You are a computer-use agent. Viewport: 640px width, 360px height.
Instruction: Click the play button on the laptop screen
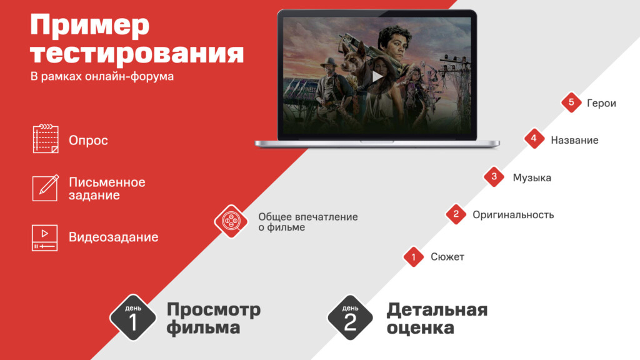377,76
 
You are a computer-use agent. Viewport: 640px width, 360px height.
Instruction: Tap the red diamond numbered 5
571,102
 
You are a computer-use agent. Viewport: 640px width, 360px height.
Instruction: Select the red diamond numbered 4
534,139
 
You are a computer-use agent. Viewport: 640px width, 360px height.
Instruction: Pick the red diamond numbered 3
494,176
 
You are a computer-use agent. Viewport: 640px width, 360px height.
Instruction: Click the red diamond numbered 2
456,214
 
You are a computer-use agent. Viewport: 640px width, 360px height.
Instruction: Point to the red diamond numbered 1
414,257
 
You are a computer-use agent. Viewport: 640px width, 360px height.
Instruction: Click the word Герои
601,103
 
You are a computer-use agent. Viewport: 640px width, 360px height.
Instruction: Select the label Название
574,141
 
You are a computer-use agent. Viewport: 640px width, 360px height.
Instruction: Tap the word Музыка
532,178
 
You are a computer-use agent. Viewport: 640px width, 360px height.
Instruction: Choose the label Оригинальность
513,215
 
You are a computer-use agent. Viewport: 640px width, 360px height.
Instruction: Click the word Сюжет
447,257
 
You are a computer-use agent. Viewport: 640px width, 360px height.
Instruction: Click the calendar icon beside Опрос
46,139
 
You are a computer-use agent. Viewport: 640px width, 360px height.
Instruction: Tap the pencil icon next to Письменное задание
45,187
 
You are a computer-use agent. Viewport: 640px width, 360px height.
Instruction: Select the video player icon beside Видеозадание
44,237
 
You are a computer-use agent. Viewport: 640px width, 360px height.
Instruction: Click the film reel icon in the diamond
231,221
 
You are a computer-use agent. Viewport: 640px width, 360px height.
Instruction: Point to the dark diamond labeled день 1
133,317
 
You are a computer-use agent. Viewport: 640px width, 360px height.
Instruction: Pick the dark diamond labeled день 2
350,317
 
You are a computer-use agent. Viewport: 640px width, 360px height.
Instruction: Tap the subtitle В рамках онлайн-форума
102,76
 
